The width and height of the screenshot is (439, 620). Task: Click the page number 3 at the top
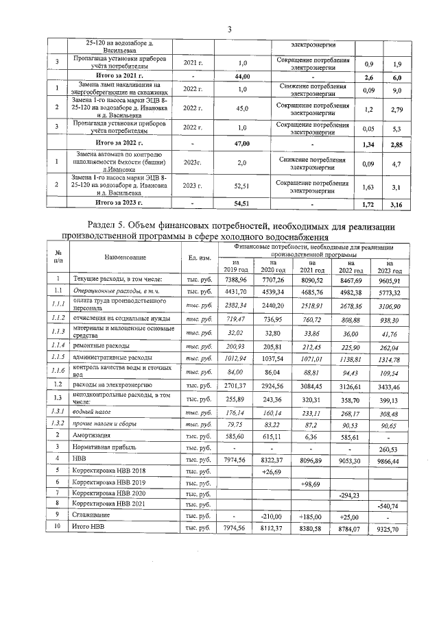(230, 29)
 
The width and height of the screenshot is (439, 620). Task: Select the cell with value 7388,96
(235, 280)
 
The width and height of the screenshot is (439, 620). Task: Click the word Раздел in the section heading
(108, 226)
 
